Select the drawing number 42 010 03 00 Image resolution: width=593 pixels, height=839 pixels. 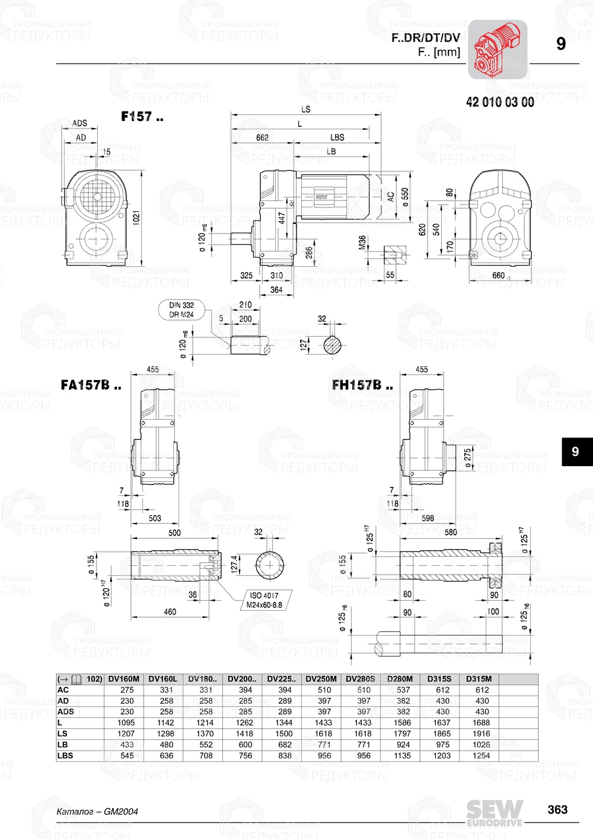[x=499, y=102]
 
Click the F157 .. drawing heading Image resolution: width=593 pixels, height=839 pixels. [x=142, y=117]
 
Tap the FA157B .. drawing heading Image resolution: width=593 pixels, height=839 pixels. [x=91, y=385]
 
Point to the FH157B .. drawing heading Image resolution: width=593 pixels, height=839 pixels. [x=362, y=385]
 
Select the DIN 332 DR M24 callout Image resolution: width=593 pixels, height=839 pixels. [x=181, y=310]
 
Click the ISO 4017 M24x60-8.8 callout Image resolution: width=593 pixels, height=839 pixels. [x=264, y=600]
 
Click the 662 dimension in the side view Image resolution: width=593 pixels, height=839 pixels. [x=262, y=137]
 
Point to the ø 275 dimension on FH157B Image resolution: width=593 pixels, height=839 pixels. [x=468, y=458]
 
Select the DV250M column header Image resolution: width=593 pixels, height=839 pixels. [x=321, y=679]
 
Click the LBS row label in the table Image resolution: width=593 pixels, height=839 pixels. [x=65, y=755]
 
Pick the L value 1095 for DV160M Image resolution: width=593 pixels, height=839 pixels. [x=126, y=723]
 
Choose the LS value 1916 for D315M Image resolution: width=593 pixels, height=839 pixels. [x=482, y=733]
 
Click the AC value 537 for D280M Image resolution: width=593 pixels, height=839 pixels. [x=403, y=690]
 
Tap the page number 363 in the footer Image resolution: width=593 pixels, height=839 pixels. [x=557, y=810]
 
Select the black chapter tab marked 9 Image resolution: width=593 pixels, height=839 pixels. [x=575, y=452]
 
